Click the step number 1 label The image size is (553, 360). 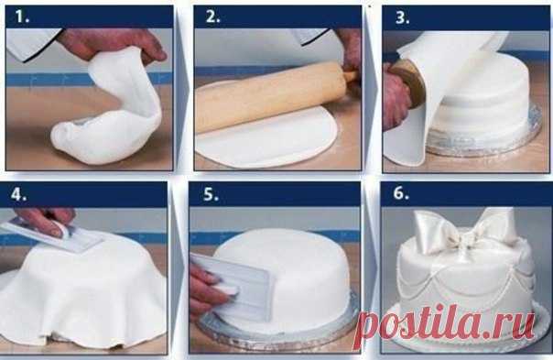click(21, 16)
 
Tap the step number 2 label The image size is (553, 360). click(212, 16)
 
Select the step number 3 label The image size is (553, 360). click(403, 16)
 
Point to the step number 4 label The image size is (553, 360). click(18, 194)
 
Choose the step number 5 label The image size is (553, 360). click(211, 194)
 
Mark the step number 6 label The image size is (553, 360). click(401, 193)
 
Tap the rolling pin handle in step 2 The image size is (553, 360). click(351, 75)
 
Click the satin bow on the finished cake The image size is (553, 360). click(462, 229)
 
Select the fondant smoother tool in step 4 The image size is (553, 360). click(53, 235)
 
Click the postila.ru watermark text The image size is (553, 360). click(445, 324)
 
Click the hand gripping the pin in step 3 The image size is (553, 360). click(396, 95)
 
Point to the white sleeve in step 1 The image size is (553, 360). click(32, 42)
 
